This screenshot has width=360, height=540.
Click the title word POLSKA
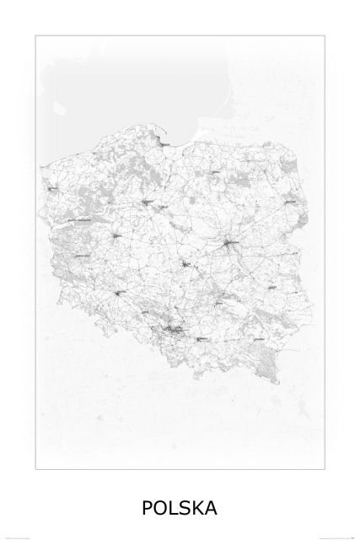point(180,507)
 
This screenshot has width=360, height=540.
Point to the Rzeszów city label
point(260,339)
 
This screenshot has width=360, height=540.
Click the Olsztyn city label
point(217,173)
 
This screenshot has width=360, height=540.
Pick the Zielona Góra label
point(82,255)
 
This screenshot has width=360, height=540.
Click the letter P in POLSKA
point(148,507)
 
